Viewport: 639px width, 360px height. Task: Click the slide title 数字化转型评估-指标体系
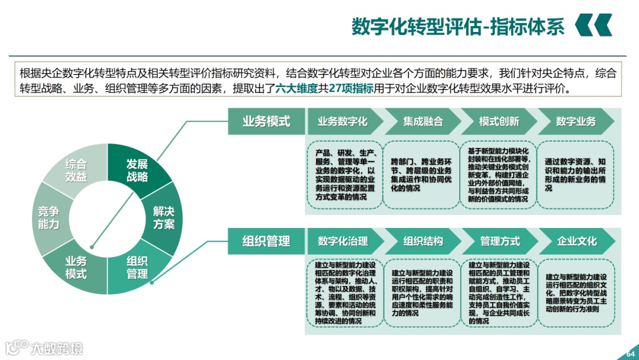coord(458,26)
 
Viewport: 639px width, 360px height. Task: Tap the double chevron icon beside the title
coord(593,25)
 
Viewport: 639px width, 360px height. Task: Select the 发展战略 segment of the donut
coord(137,170)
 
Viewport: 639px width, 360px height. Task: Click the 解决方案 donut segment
coord(163,217)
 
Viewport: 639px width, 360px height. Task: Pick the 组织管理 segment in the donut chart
coord(137,267)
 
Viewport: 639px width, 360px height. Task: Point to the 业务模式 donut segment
coord(76,267)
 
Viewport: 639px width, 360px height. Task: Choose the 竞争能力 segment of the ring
coord(49,217)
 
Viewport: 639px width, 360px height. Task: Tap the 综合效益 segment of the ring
coord(76,170)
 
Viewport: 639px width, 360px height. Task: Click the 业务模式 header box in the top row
coord(266,121)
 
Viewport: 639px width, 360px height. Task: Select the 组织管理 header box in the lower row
coord(266,241)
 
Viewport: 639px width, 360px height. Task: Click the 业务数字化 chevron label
coord(343,121)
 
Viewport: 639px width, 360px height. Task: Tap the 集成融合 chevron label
coord(422,121)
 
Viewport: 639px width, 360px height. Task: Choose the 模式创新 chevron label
coord(499,121)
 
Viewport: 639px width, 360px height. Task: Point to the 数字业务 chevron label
coord(576,121)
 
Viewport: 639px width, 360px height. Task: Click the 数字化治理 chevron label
coord(343,241)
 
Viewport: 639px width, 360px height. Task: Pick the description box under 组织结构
coord(422,292)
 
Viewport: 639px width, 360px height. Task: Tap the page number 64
coord(630,354)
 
